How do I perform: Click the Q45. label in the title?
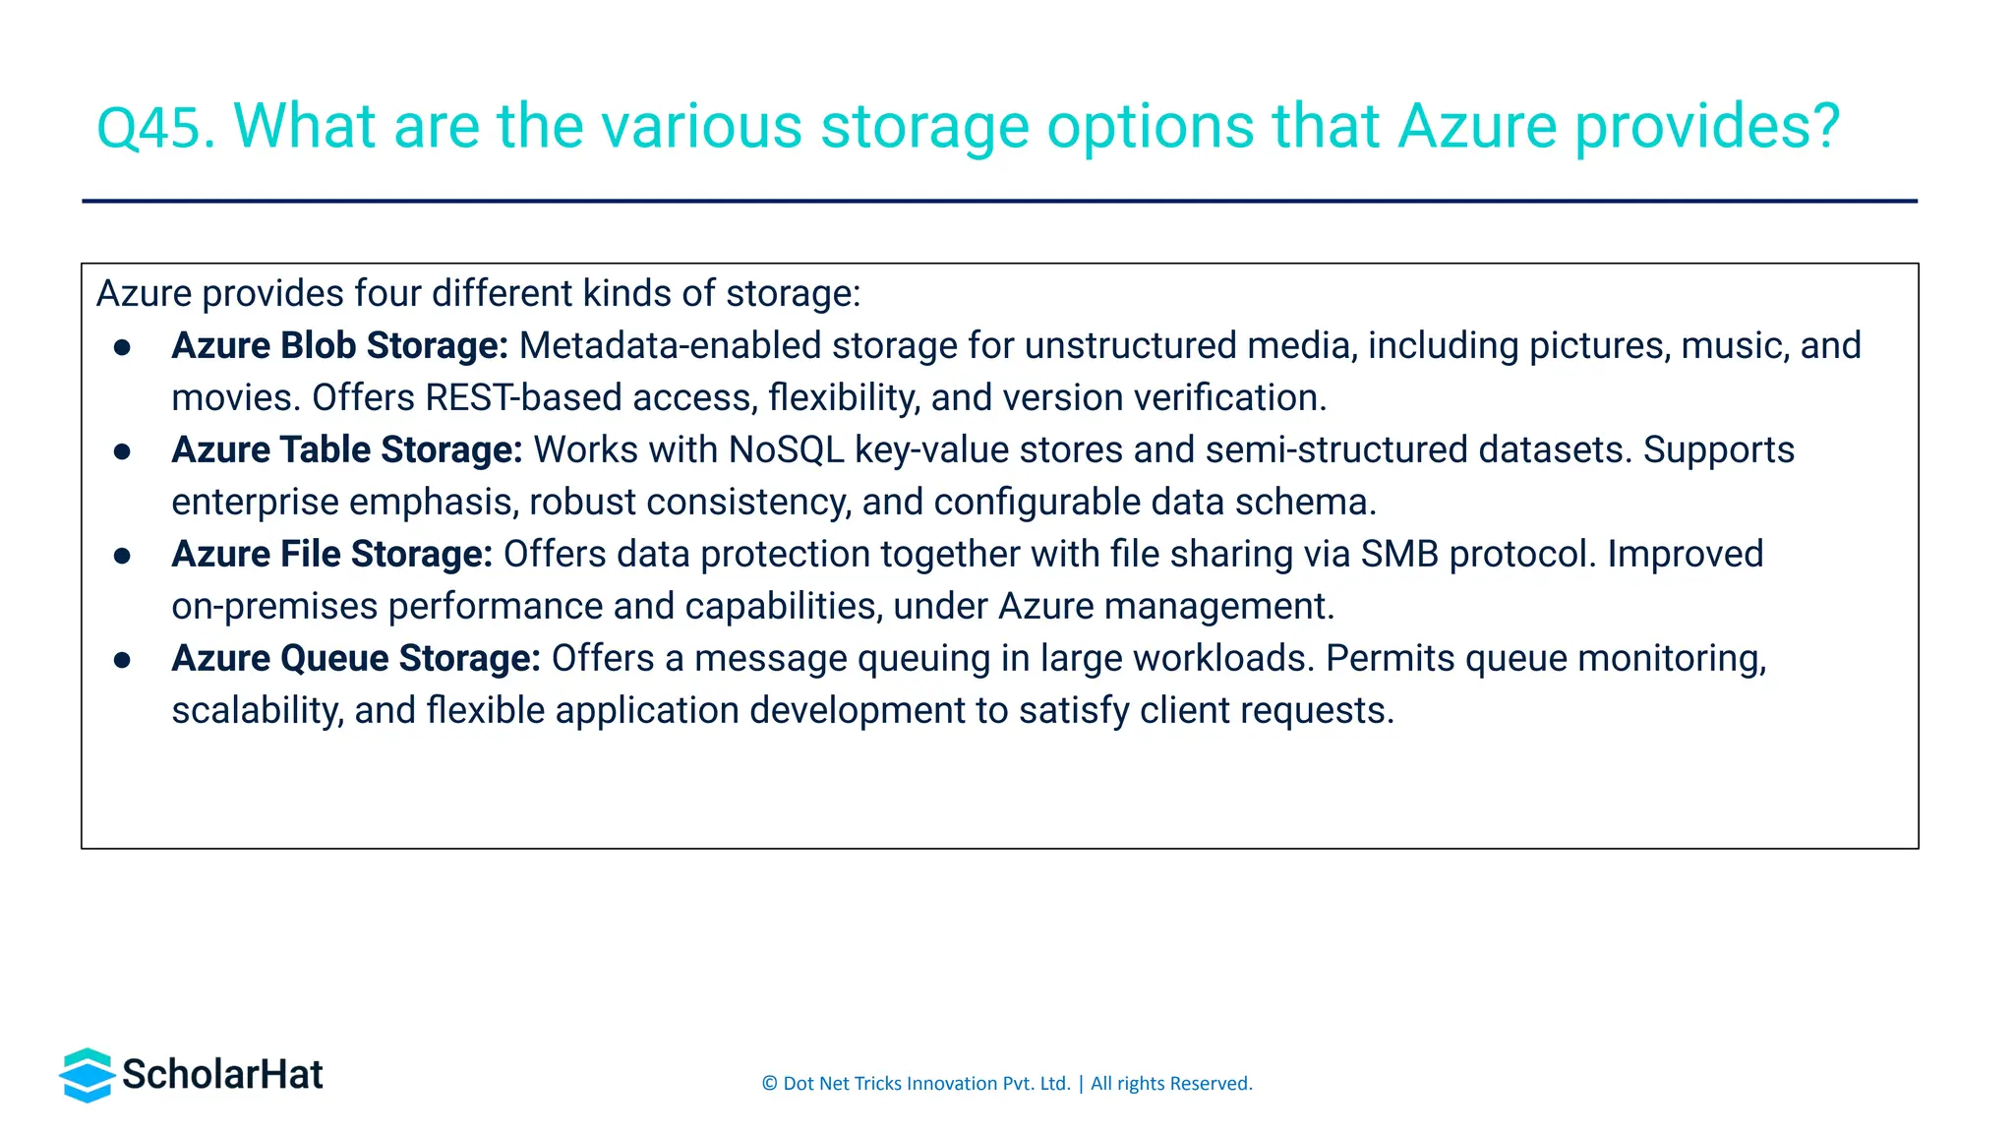(x=155, y=127)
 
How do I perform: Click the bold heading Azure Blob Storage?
(x=339, y=346)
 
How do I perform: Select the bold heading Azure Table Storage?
(x=346, y=450)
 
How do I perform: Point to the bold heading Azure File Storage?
(x=331, y=555)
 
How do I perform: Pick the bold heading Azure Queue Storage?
(x=356, y=659)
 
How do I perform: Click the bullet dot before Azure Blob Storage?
(x=123, y=347)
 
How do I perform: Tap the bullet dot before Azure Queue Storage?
(x=123, y=660)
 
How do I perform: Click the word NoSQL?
(x=786, y=450)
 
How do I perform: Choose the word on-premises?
(x=274, y=607)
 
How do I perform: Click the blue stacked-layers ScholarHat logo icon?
(x=88, y=1075)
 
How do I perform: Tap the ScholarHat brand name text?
(x=222, y=1075)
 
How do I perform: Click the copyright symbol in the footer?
(x=769, y=1084)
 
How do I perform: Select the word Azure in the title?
(x=1477, y=127)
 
